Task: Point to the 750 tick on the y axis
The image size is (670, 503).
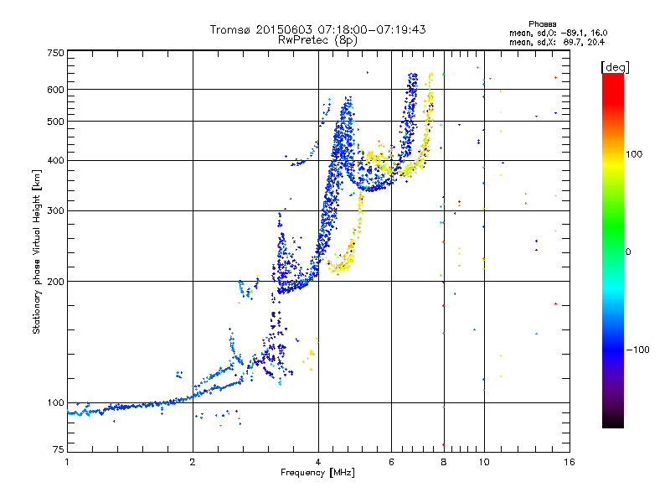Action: point(55,53)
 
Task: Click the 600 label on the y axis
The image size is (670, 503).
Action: point(55,90)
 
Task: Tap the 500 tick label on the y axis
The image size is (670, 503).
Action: point(55,122)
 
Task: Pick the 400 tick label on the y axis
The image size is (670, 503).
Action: point(55,161)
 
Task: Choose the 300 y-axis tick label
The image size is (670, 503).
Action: point(55,211)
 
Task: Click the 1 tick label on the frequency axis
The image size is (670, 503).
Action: point(67,462)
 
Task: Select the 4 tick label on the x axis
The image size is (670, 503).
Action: point(318,462)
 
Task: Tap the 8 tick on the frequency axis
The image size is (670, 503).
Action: point(444,462)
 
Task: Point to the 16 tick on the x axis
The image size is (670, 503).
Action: point(568,462)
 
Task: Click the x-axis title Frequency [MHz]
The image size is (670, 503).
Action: point(317,473)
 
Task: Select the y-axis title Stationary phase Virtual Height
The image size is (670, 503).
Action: point(37,251)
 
